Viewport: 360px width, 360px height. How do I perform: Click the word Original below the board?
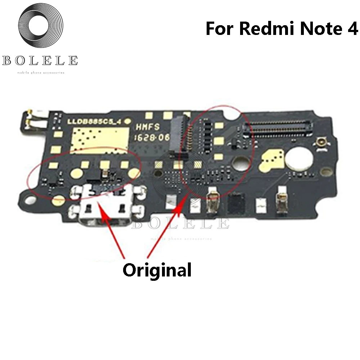click(x=157, y=269)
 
